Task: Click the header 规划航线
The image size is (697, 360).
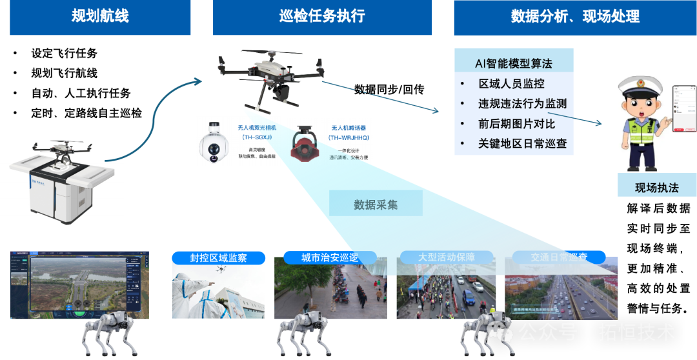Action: pyautogui.click(x=100, y=17)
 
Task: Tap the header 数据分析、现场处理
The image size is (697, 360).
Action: pyautogui.click(x=574, y=17)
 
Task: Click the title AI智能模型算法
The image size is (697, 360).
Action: pyautogui.click(x=513, y=63)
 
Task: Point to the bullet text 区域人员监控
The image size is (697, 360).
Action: pyautogui.click(x=511, y=83)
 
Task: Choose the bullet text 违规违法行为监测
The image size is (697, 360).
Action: pyautogui.click(x=522, y=103)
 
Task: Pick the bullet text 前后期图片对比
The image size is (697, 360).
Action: pyautogui.click(x=516, y=123)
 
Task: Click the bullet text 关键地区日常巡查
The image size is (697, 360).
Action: pyautogui.click(x=522, y=143)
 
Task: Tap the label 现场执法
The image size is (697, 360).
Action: pyautogui.click(x=656, y=188)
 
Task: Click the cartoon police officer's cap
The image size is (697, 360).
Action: pyautogui.click(x=637, y=86)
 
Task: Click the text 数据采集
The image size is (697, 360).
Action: pyautogui.click(x=376, y=205)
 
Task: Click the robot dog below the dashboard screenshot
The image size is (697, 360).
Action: pyautogui.click(x=110, y=330)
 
